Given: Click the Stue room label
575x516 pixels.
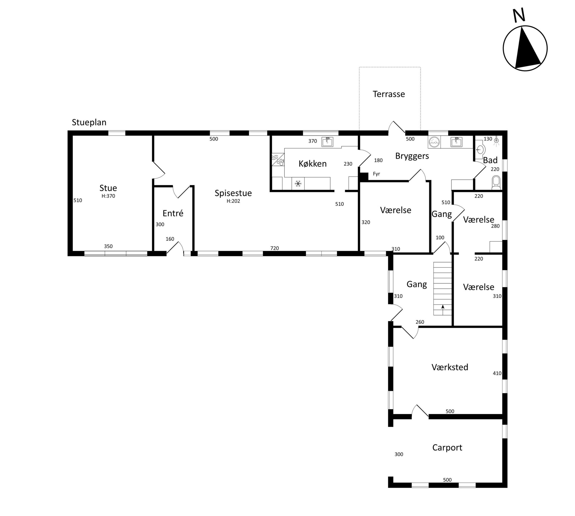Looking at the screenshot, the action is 108,188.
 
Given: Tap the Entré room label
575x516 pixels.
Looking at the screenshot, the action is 173,213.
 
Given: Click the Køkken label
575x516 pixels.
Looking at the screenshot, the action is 313,164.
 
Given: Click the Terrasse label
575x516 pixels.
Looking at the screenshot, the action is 389,94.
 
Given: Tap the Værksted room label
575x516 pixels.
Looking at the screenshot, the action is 450,367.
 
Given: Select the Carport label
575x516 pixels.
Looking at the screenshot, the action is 447,448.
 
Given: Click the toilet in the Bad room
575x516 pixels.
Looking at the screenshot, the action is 496,182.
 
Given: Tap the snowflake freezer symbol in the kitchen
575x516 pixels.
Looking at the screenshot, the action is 298,184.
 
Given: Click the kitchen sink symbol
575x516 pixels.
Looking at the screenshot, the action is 327,142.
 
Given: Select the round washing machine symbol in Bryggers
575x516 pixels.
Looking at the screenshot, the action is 434,142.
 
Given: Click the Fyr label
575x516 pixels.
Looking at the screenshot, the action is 376,174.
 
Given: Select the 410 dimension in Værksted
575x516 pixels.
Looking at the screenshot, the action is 497,373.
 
